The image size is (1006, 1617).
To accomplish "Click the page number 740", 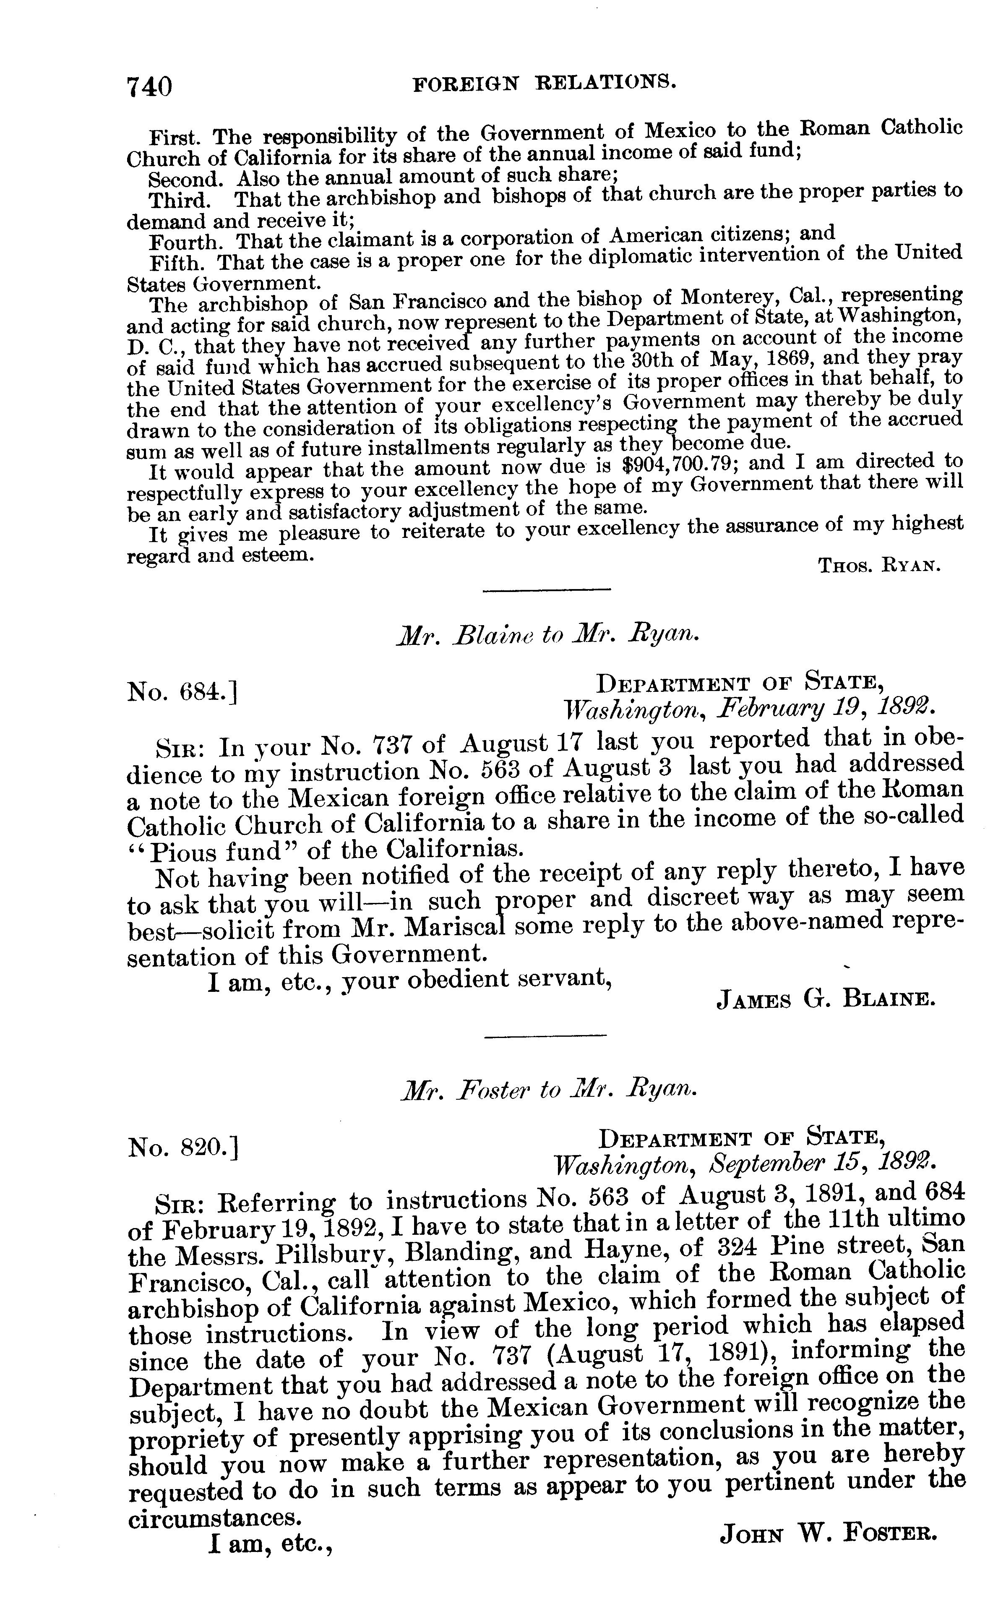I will point(150,86).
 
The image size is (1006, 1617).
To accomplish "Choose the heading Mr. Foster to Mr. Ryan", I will point(549,1090).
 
